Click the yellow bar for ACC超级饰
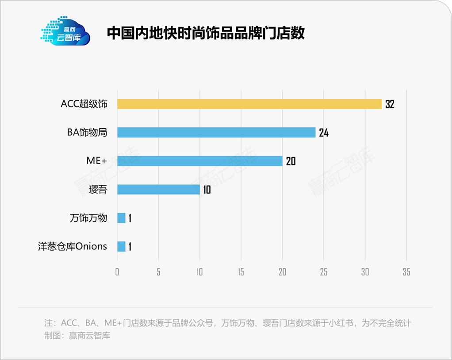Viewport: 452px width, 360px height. pos(249,104)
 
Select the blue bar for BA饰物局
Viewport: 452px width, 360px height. pos(216,132)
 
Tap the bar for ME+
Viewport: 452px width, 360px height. pos(199,161)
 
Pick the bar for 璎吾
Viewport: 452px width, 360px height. pos(158,190)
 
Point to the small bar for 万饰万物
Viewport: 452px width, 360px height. pos(121,218)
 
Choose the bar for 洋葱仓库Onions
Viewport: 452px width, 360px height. pos(121,246)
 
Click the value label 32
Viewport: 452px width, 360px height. pos(389,104)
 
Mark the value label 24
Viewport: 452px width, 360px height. pos(324,133)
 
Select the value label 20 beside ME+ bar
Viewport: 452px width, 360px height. pos(291,161)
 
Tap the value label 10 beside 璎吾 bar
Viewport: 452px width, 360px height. pos(207,190)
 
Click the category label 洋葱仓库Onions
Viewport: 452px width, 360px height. pos(73,246)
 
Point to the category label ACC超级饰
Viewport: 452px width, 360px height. pos(84,104)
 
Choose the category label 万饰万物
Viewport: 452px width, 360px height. pos(88,218)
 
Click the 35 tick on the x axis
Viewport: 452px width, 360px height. pos(406,272)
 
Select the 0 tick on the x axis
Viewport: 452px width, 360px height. pos(117,272)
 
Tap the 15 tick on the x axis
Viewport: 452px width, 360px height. pos(241,272)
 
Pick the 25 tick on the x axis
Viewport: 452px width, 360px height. pos(324,272)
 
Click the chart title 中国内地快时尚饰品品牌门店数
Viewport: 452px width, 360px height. pos(206,33)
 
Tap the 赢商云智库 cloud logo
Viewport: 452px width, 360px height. pos(65,31)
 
